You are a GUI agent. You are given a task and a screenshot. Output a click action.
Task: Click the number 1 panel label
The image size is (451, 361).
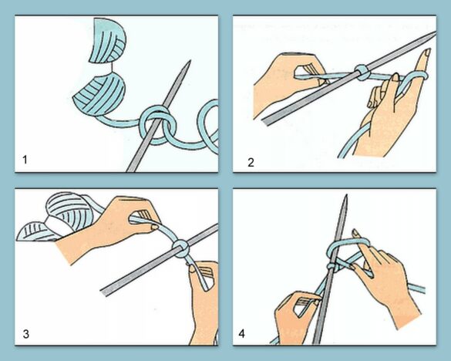coord(25,160)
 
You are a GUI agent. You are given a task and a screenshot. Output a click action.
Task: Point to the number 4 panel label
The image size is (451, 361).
coord(244,335)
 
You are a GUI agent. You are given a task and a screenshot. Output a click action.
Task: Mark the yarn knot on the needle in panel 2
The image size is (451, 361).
coord(360,74)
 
